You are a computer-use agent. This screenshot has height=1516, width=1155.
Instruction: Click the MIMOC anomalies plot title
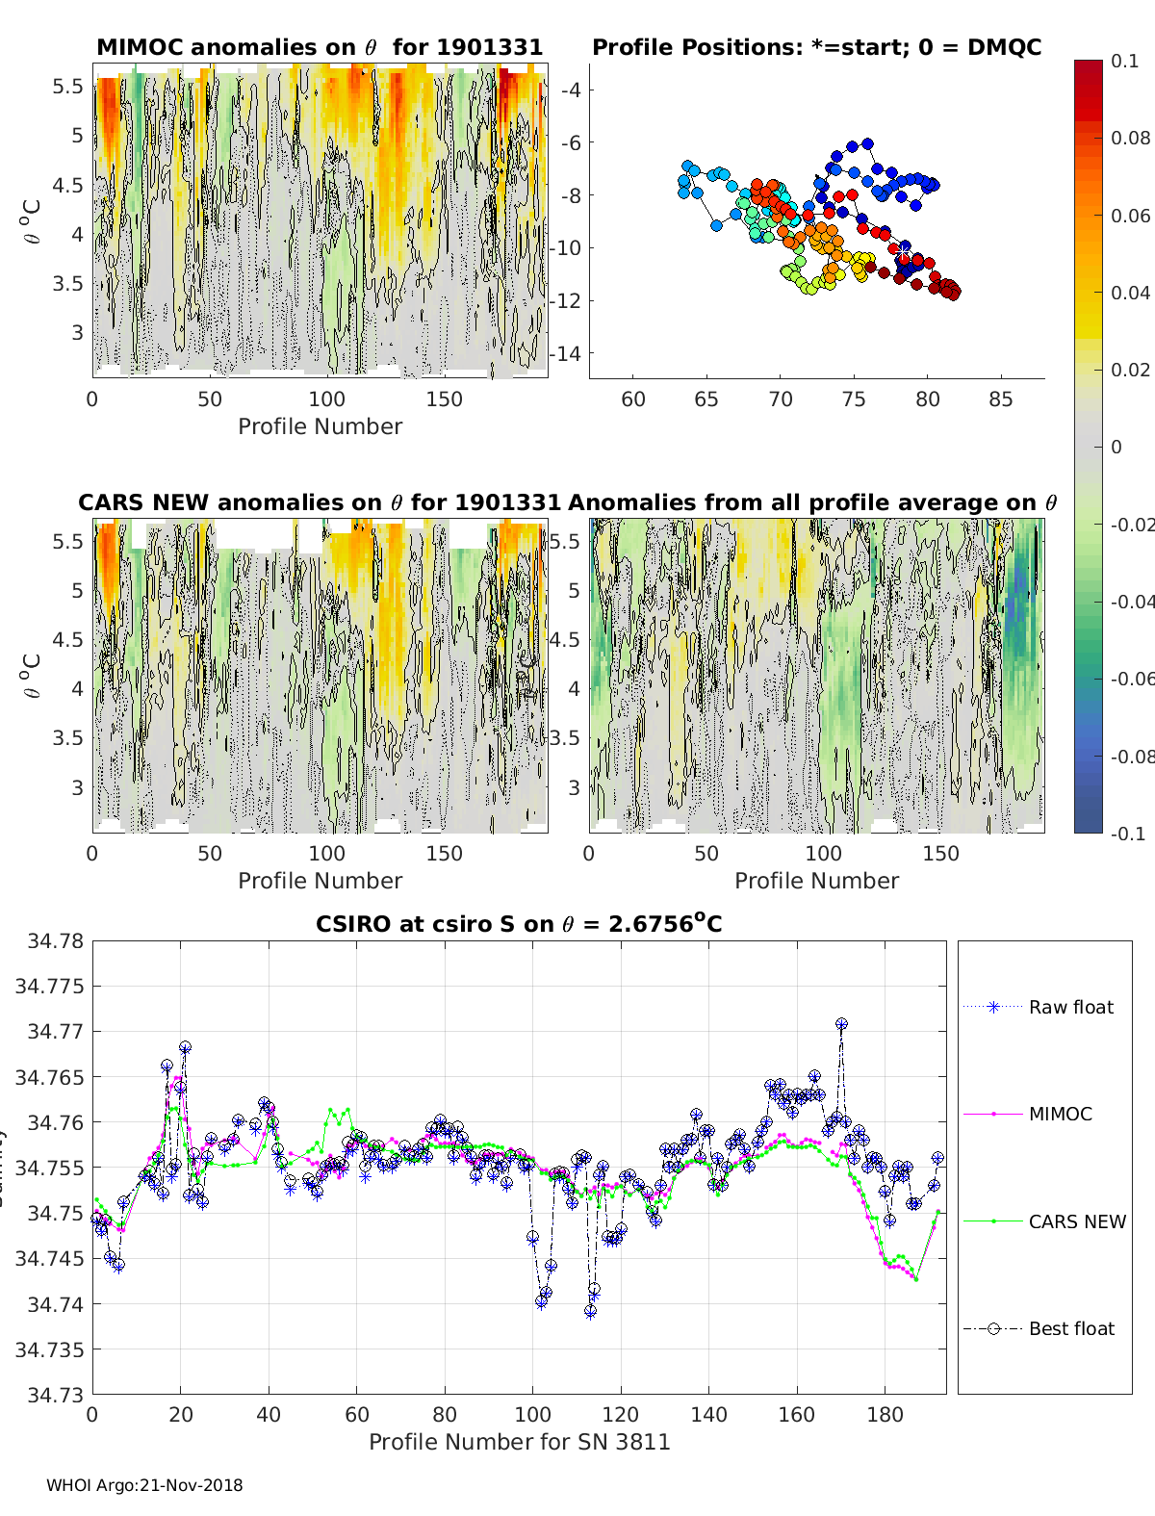click(320, 47)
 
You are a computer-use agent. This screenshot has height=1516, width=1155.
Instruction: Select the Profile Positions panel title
click(816, 47)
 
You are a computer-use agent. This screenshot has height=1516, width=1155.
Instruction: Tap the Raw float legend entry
click(1070, 1007)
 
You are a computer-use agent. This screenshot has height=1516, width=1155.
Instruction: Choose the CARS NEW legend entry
click(1076, 1221)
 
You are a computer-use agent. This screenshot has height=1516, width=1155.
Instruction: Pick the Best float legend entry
click(1070, 1328)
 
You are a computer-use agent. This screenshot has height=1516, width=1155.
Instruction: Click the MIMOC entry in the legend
click(1060, 1114)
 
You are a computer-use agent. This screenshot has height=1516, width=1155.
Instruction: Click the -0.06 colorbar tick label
click(1129, 679)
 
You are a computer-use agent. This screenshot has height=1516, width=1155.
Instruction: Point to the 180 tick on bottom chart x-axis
click(885, 1415)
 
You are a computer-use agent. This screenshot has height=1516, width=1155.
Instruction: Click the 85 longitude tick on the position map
click(1001, 398)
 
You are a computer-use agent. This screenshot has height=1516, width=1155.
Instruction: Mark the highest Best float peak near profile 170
click(841, 1024)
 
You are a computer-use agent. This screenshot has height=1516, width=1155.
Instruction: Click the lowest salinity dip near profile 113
click(590, 1311)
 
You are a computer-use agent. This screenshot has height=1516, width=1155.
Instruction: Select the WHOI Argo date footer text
click(144, 1485)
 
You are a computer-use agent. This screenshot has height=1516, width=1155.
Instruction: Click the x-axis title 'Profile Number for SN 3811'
click(519, 1442)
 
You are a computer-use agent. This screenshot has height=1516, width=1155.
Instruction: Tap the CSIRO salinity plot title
click(519, 924)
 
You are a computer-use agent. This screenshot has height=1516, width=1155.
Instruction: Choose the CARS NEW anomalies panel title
click(319, 502)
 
